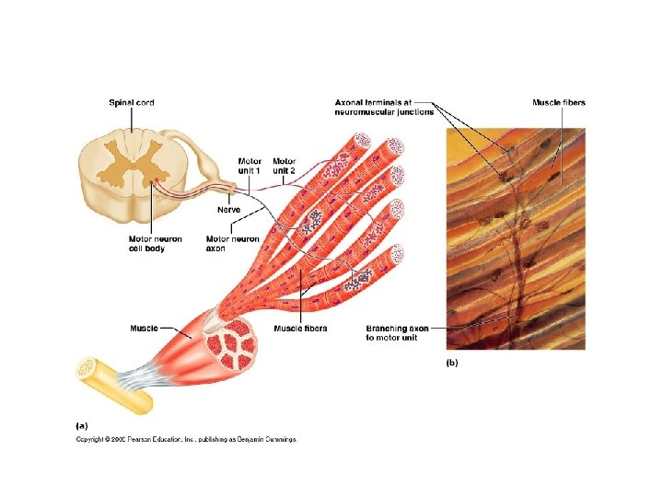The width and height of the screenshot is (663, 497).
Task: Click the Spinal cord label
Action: [x=132, y=103]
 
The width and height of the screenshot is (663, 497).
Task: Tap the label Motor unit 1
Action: [x=250, y=166]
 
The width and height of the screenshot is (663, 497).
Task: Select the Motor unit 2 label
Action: [x=284, y=166]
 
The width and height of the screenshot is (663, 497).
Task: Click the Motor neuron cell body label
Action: [x=155, y=244]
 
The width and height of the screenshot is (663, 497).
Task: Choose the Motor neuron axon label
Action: [x=232, y=244]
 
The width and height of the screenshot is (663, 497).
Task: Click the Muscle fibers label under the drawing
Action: [x=300, y=328]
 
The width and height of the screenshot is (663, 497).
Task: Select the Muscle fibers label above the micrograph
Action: [x=559, y=103]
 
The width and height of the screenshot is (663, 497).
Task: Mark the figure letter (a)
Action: [x=81, y=425]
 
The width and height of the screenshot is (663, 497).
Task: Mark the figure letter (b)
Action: [x=452, y=363]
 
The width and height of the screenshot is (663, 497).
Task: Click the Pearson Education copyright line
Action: [x=186, y=440]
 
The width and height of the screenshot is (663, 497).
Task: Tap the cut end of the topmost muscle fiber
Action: [x=361, y=143]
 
